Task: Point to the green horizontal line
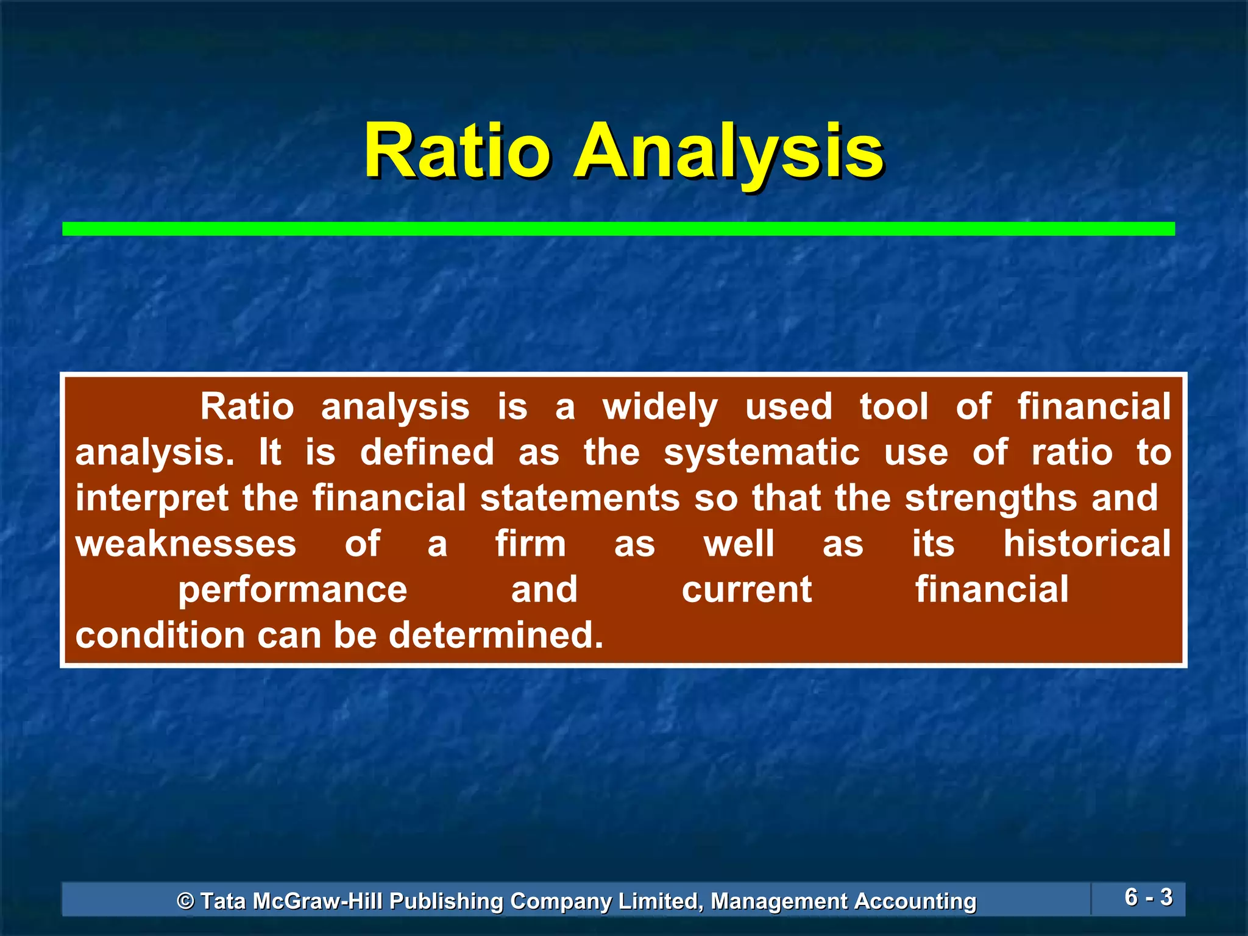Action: click(x=618, y=229)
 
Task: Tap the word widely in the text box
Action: click(x=660, y=408)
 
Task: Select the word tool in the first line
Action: click(x=894, y=408)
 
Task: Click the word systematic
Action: click(x=762, y=453)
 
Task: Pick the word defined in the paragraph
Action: click(x=427, y=453)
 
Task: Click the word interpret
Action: click(x=152, y=499)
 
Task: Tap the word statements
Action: click(x=580, y=499)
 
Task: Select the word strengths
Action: click(x=991, y=499)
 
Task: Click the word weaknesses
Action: click(x=186, y=544)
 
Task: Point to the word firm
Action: click(x=530, y=544)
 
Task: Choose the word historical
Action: click(x=1087, y=544)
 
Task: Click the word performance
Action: click(x=292, y=590)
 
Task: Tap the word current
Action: click(x=746, y=590)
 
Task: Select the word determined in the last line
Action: click(x=495, y=636)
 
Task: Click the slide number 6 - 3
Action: click(x=1148, y=897)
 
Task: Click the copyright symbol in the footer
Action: click(x=185, y=901)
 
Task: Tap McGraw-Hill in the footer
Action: click(x=317, y=901)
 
